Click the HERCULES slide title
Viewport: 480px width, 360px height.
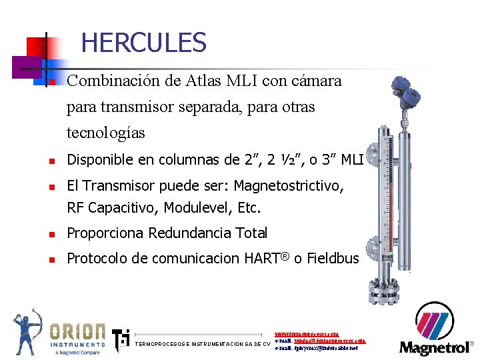143,43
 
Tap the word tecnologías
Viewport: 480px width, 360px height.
106,133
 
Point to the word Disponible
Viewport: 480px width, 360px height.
99,159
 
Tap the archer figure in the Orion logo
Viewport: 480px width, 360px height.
27,331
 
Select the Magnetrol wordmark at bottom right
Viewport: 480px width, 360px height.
435,347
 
